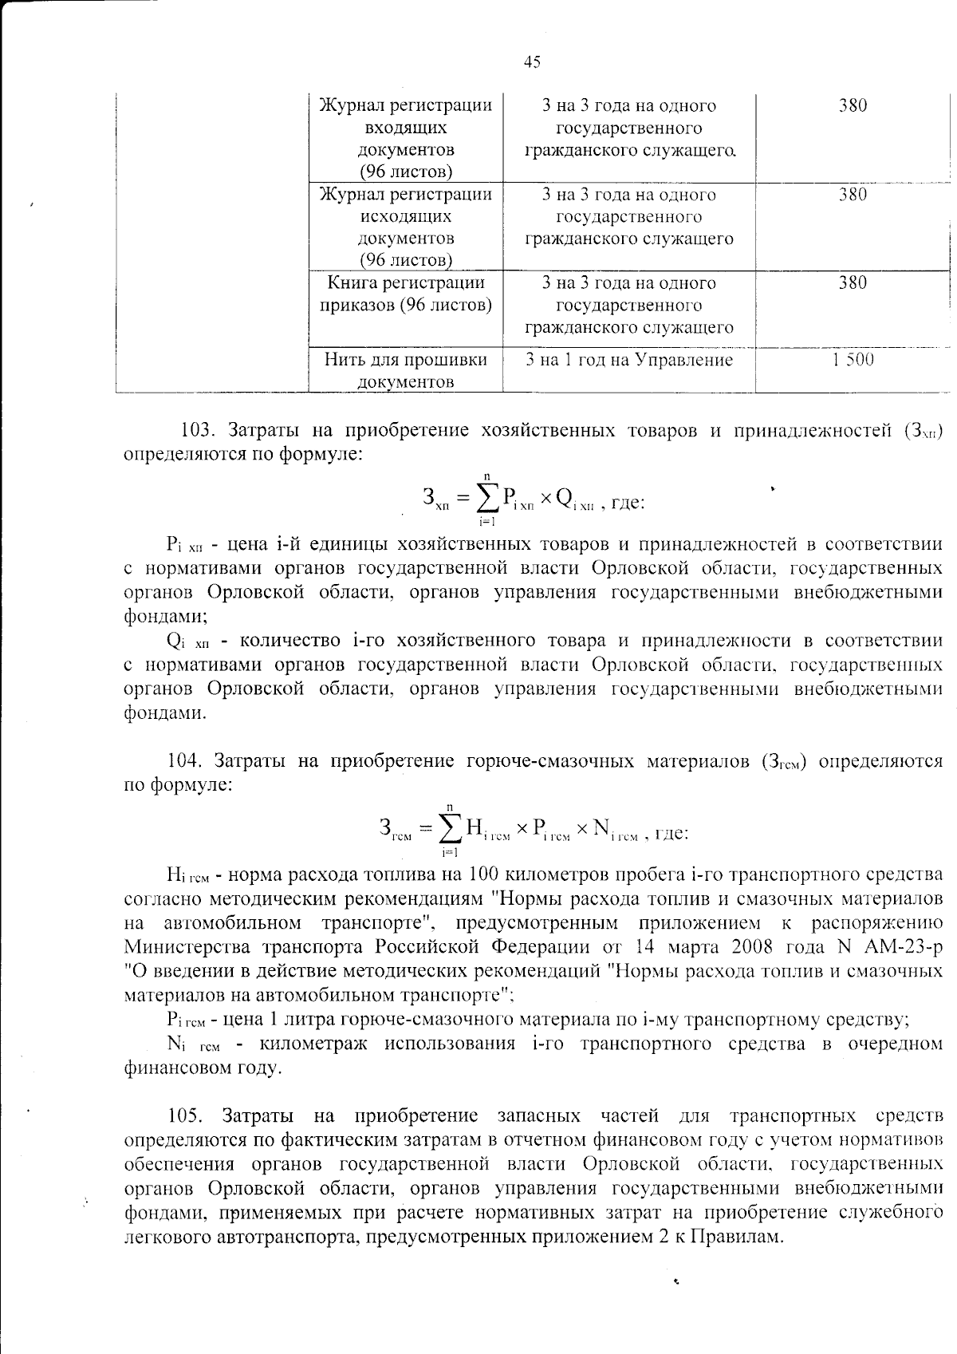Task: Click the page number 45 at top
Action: pyautogui.click(x=532, y=62)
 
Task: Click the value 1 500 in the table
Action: pyautogui.click(x=853, y=360)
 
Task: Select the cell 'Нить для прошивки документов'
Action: pyautogui.click(x=405, y=370)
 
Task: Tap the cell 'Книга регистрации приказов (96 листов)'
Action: pyautogui.click(x=405, y=294)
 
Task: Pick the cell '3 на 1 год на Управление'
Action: pyautogui.click(x=628, y=360)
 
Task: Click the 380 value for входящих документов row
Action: pyautogui.click(x=853, y=105)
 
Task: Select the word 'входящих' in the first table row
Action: pyautogui.click(x=405, y=128)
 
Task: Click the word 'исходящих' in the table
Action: pyautogui.click(x=405, y=216)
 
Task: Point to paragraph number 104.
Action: pyautogui.click(x=185, y=760)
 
